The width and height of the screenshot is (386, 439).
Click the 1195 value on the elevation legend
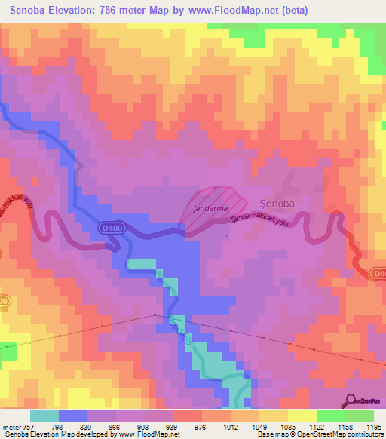pyautogui.click(x=373, y=427)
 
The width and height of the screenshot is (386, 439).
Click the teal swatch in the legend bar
pyautogui.click(x=44, y=416)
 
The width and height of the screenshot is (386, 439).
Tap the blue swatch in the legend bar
pyautogui.click(x=73, y=416)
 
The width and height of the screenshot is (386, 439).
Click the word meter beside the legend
pyautogui.click(x=12, y=427)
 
